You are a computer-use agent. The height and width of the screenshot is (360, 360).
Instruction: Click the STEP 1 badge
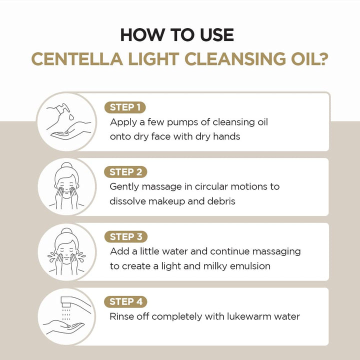point(125,107)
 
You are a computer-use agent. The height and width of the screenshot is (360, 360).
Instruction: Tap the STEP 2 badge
point(125,172)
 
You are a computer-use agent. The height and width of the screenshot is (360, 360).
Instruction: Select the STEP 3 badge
point(125,237)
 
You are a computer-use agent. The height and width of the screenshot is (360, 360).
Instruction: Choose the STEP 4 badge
point(125,301)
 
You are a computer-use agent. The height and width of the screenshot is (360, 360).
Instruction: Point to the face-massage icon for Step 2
point(66,186)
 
